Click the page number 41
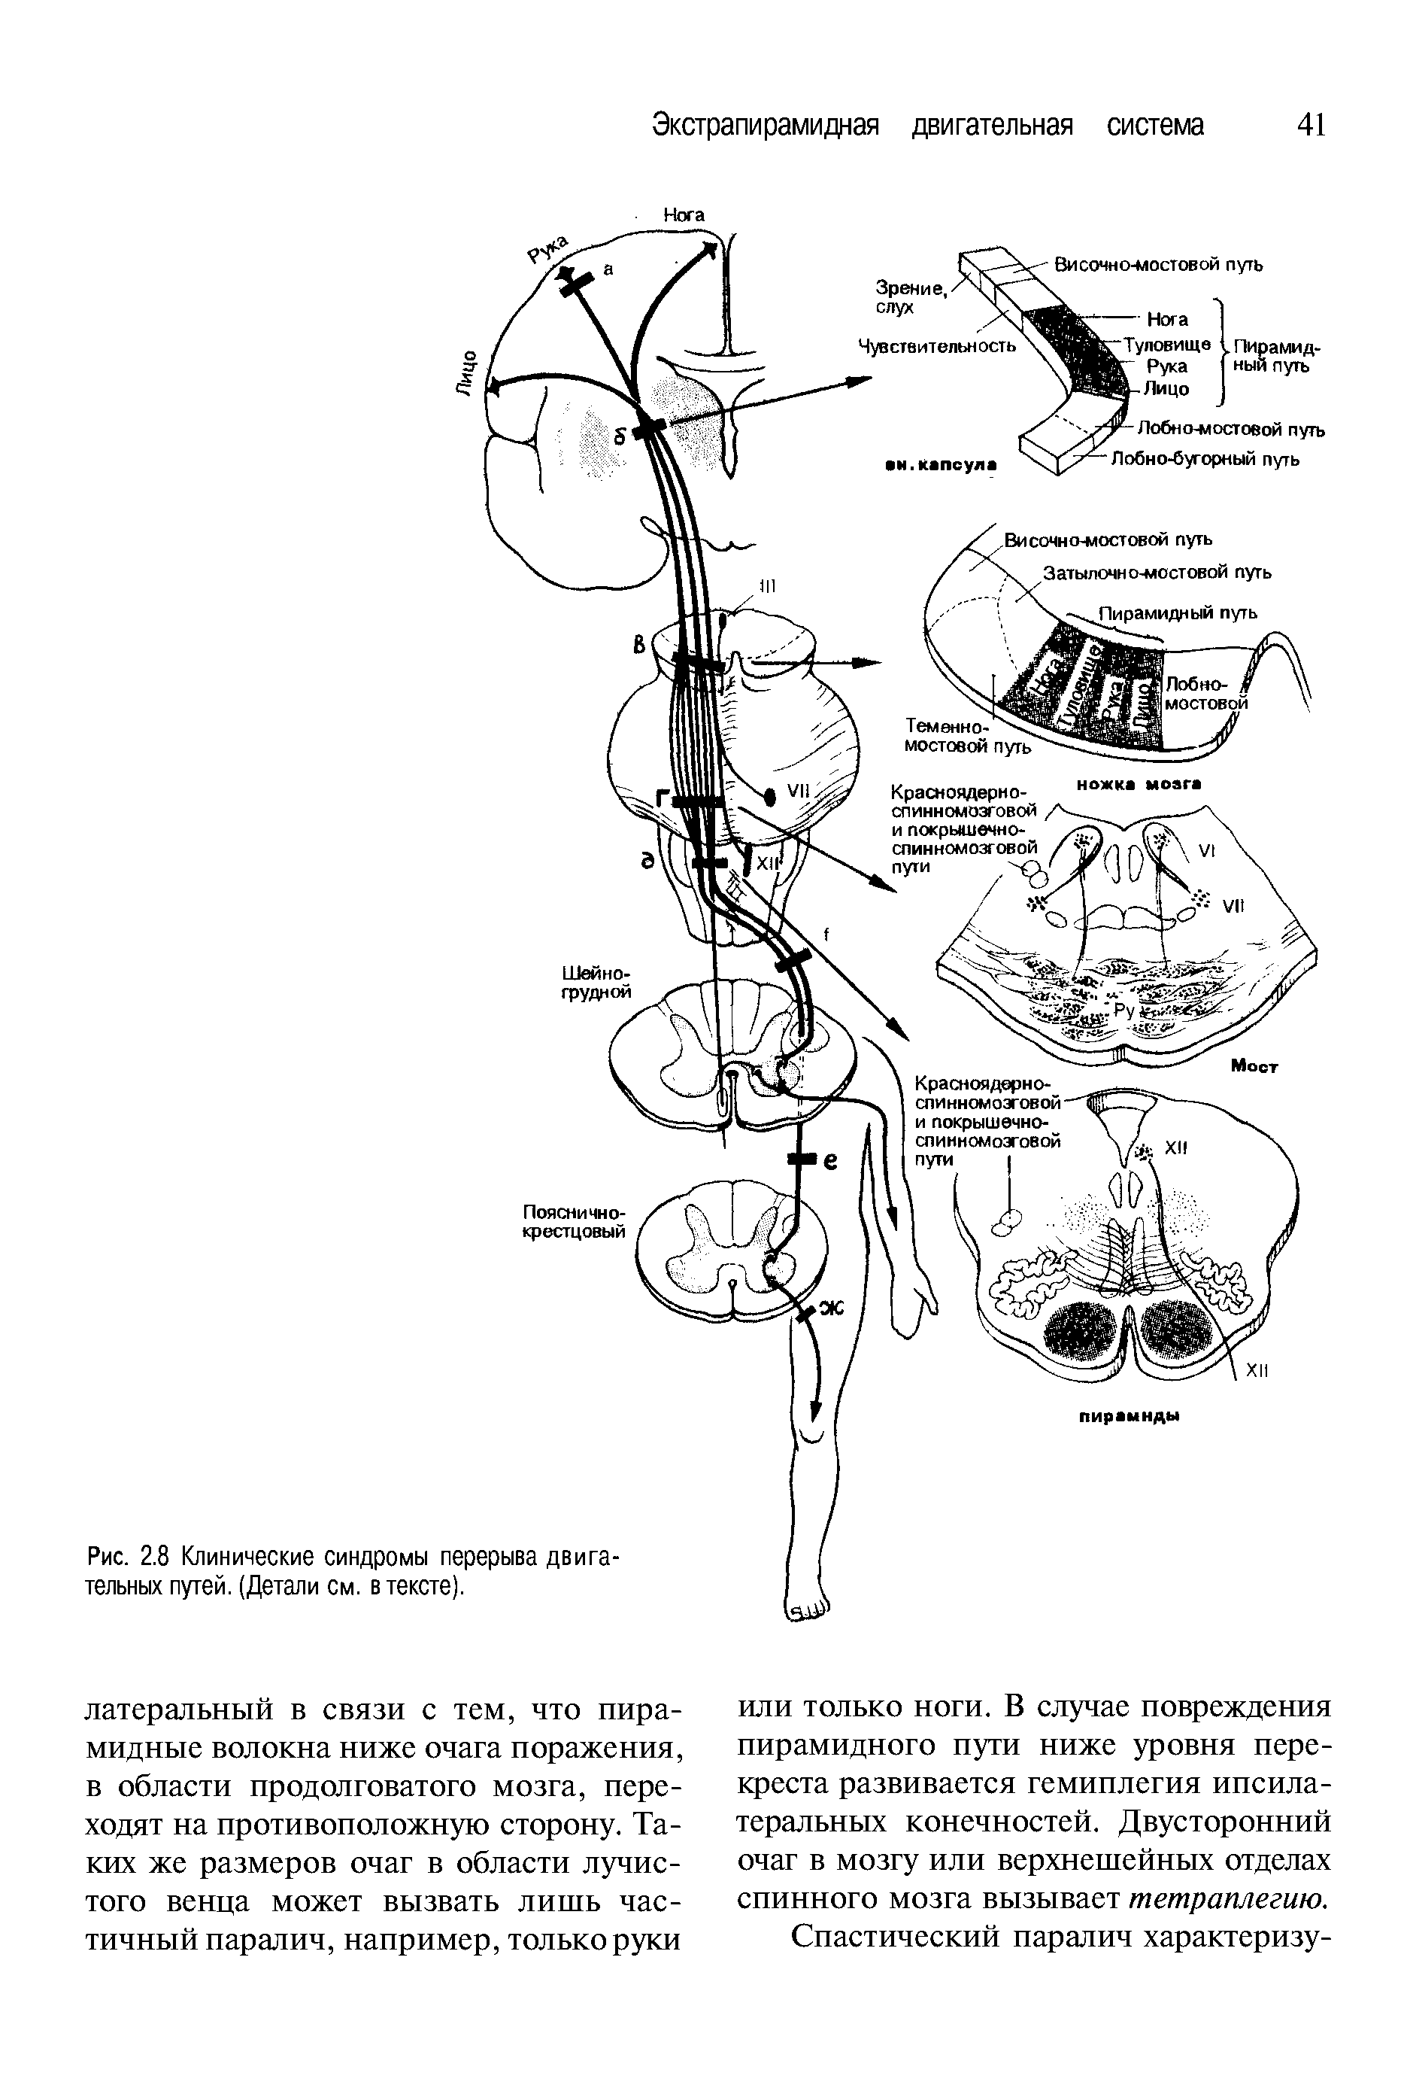pyautogui.click(x=1310, y=125)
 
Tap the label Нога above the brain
pyautogui.click(x=684, y=215)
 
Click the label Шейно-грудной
pyautogui.click(x=597, y=982)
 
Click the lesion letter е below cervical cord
pyautogui.click(x=830, y=1162)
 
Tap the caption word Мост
pyautogui.click(x=1254, y=1066)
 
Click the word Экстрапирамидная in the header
pyautogui.click(x=763, y=125)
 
